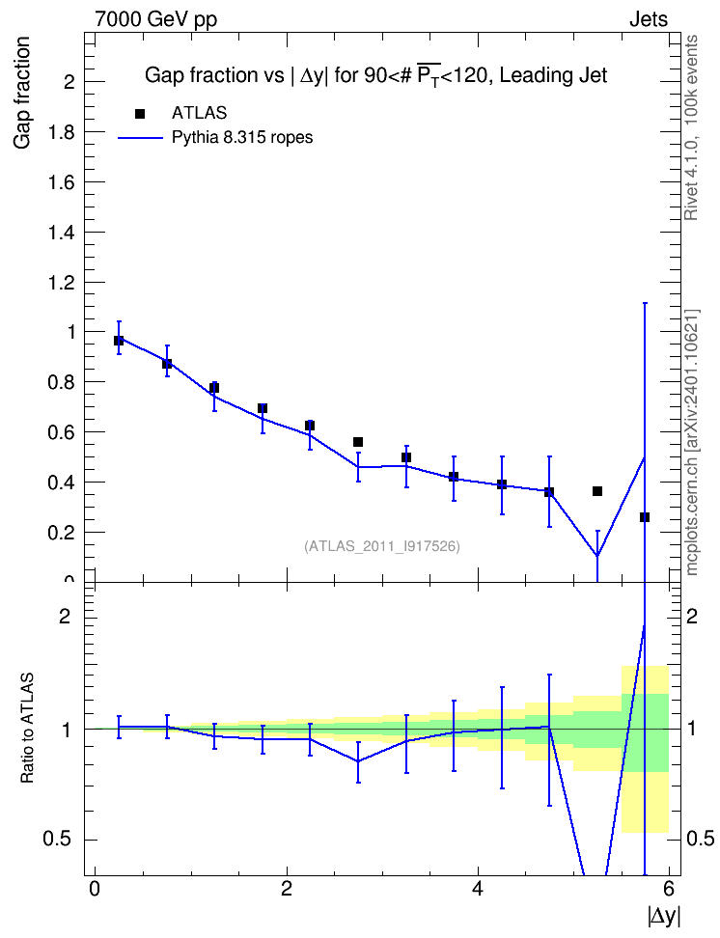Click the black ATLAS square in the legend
[139, 114]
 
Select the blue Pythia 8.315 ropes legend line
[140, 138]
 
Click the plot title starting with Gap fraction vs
[375, 76]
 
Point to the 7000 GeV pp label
[155, 19]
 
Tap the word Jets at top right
[649, 19]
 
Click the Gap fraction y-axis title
[21, 93]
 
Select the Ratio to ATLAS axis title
[27, 728]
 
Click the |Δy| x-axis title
[664, 916]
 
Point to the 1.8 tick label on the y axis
[62, 132]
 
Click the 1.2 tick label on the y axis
[62, 283]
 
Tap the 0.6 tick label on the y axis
[62, 432]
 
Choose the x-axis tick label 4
[478, 889]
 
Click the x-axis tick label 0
[95, 889]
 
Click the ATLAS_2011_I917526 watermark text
[382, 546]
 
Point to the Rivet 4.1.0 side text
[691, 127]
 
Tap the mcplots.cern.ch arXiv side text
[692, 443]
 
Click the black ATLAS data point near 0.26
[645, 517]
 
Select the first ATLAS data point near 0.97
[119, 341]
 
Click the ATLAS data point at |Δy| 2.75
[358, 442]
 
